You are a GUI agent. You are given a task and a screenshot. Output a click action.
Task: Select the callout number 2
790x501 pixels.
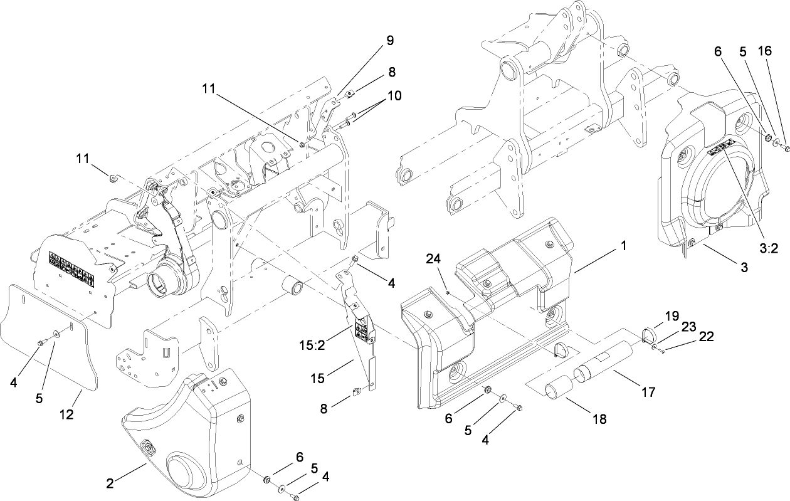pyautogui.click(x=110, y=483)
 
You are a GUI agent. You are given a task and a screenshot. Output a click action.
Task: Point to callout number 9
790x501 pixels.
pyautogui.click(x=390, y=40)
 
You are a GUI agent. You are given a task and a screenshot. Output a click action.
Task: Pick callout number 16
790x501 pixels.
pyautogui.click(x=764, y=51)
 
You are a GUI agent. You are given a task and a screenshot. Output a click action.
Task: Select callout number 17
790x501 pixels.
pyautogui.click(x=648, y=392)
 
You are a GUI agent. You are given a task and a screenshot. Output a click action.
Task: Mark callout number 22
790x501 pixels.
pyautogui.click(x=707, y=337)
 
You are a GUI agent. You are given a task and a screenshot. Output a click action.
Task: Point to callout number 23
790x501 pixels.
pyautogui.click(x=689, y=326)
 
